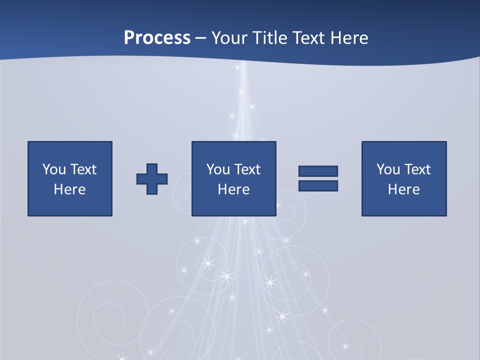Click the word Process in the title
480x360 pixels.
(157, 38)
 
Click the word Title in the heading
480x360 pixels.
(272, 38)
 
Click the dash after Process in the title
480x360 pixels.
(201, 38)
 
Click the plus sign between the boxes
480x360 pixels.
(152, 179)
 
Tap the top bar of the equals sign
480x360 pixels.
(318, 171)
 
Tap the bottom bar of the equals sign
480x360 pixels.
(318, 186)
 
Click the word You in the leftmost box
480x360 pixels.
(53, 169)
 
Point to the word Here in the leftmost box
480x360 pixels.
(69, 189)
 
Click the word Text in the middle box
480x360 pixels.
(247, 169)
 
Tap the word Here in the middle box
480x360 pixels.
(233, 189)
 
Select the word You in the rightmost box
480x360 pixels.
(387, 169)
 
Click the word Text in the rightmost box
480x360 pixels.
(417, 169)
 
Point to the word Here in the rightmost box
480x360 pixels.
(403, 189)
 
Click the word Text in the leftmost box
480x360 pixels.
(83, 169)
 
